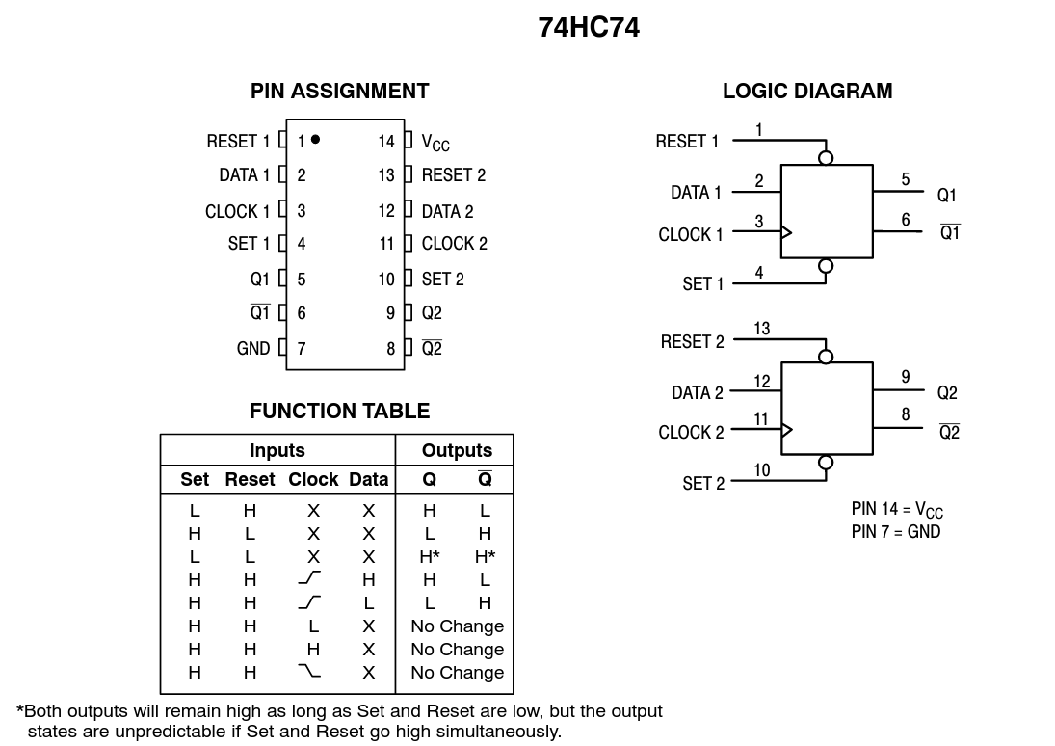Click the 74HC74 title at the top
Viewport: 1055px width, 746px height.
coord(589,28)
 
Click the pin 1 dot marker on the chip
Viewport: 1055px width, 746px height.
coord(315,140)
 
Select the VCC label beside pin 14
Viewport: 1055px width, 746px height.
coord(435,143)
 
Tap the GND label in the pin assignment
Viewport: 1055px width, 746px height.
coord(253,348)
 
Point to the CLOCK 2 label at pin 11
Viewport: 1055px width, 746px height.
coord(455,244)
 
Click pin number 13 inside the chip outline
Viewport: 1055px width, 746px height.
coord(386,175)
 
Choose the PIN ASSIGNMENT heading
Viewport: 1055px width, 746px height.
coord(339,92)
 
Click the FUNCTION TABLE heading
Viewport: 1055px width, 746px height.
coord(339,412)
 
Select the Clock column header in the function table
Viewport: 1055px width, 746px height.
coord(313,479)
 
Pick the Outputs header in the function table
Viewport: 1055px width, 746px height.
coord(457,450)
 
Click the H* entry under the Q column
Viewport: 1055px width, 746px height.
coord(430,556)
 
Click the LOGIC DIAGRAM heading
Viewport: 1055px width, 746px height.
coord(807,92)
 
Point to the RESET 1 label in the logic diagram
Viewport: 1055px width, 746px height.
coord(687,142)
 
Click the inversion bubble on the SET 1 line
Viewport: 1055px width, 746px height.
coord(826,266)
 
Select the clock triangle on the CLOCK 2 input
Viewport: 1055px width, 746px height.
coord(786,430)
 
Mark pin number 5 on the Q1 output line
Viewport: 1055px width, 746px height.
coord(906,179)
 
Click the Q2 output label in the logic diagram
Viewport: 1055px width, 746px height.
coord(947,393)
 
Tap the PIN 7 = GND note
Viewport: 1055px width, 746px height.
coord(896,531)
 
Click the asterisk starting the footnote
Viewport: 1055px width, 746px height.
coord(20,710)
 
